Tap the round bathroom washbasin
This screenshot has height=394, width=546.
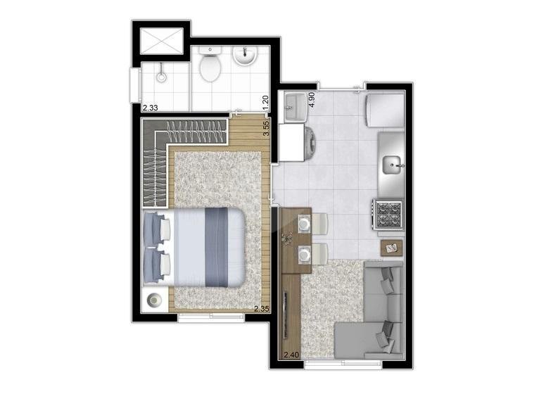pos(245,56)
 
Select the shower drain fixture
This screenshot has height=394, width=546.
pos(161,76)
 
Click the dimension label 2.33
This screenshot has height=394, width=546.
pos(150,108)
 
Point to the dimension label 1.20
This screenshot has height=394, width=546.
pos(266,102)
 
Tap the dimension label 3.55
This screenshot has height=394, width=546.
pos(266,129)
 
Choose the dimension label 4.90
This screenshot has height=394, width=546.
pos(312,99)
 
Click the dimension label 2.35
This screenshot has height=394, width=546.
pos(262,308)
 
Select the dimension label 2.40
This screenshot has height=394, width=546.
pos(291,355)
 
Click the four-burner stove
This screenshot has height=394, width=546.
pos(388,214)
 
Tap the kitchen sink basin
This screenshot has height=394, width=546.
pos(393,165)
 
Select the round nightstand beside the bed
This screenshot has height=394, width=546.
pos(154,300)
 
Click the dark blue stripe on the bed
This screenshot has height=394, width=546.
pos(216,247)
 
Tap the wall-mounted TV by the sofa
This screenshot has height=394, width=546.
pos(286,315)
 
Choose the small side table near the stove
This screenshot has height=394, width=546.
pos(391,248)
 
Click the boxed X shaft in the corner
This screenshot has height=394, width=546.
pos(162,41)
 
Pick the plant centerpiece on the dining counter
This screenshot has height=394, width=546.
pos(287,238)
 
